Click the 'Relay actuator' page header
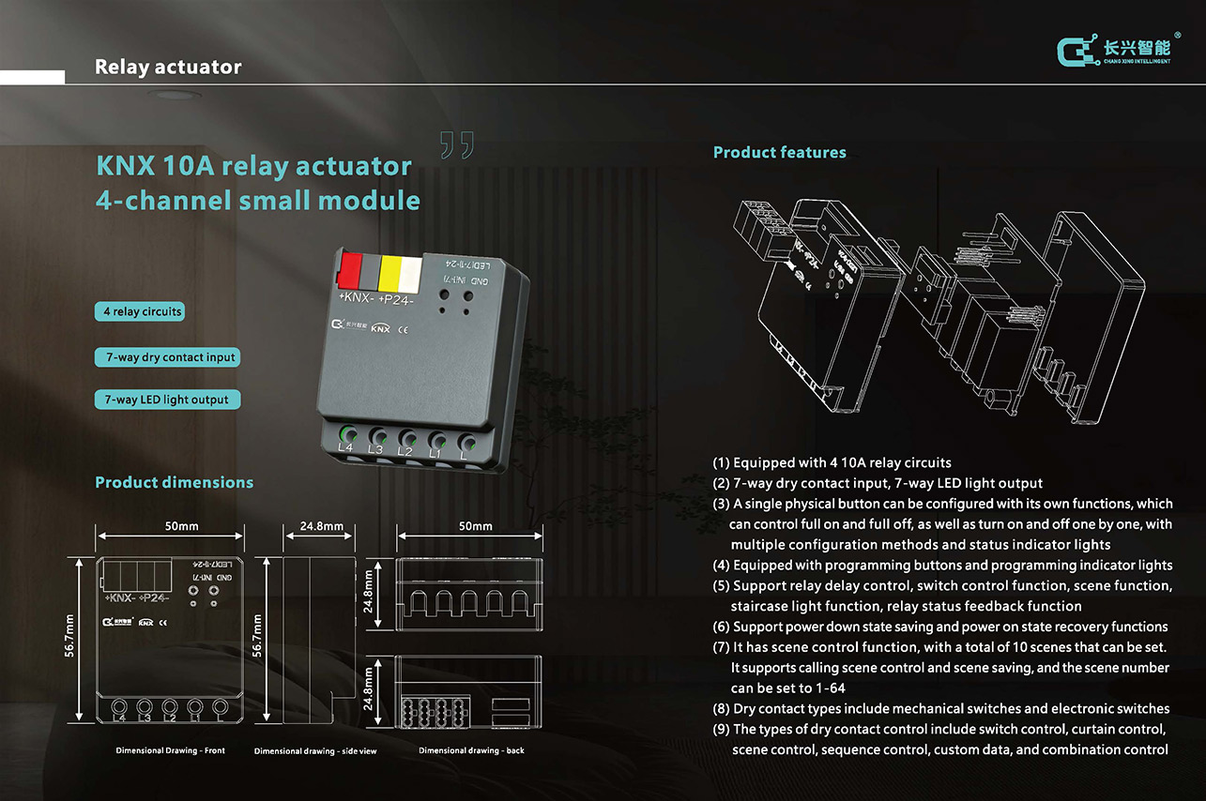(168, 68)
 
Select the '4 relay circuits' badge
(140, 311)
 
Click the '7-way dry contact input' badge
(167, 357)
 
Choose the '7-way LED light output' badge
(167, 400)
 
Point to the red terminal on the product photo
(350, 271)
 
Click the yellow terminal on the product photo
(389, 273)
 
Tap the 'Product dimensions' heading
(174, 482)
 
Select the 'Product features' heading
(779, 152)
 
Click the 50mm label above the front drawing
(181, 526)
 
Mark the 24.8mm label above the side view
(321, 526)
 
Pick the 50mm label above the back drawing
(475, 526)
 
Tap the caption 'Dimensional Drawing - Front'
(170, 750)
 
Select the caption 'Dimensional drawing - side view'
(314, 751)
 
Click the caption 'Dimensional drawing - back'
(471, 750)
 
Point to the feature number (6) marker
(721, 627)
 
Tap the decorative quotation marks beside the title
(457, 145)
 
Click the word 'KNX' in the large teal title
(126, 166)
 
